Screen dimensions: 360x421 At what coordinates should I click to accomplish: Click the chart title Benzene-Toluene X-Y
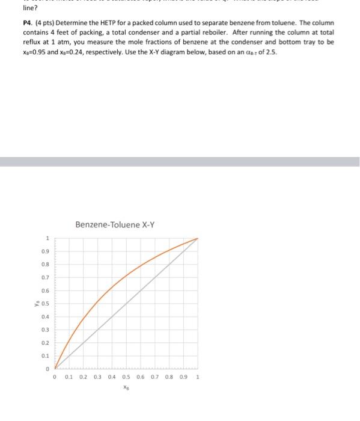tap(115, 225)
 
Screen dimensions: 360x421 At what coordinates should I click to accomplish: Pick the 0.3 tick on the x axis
tap(98, 378)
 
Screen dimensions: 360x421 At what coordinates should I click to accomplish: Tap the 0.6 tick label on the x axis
tap(141, 378)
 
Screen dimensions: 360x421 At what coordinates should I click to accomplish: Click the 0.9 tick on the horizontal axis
tap(183, 378)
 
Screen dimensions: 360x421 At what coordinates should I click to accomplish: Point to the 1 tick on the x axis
tap(198, 378)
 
